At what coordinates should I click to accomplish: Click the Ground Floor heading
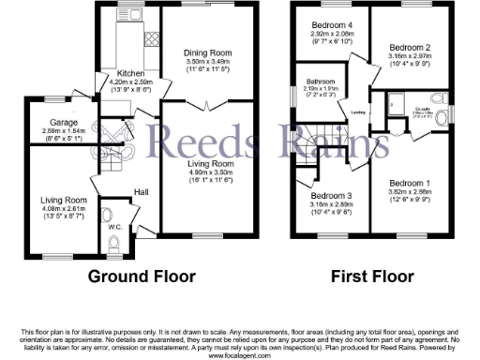(142, 277)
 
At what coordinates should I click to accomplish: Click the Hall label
(141, 192)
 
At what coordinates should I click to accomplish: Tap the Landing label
(357, 113)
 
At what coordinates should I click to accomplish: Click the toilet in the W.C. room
(114, 246)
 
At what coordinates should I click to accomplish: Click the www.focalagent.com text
(239, 356)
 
